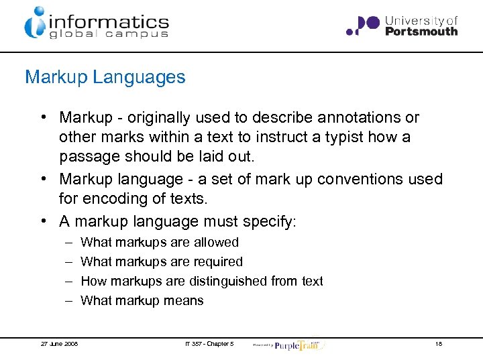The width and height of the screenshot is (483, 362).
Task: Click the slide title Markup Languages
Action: [105, 77]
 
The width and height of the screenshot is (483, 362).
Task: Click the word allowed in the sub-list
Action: [217, 242]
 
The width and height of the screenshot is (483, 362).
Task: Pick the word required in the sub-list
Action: [219, 261]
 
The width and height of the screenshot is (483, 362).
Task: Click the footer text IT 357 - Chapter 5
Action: [209, 344]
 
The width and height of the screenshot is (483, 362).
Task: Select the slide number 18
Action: [438, 344]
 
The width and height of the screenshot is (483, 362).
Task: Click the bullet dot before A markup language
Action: [42, 221]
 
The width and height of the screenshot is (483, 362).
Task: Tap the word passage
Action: [87, 157]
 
